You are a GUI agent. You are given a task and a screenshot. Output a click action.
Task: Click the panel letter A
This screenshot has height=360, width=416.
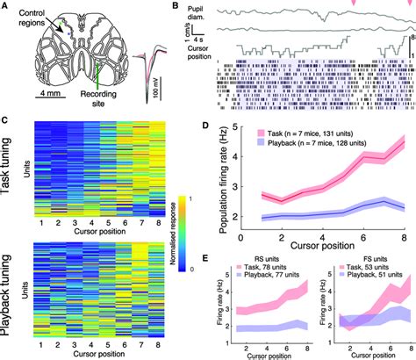point(5,6)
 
